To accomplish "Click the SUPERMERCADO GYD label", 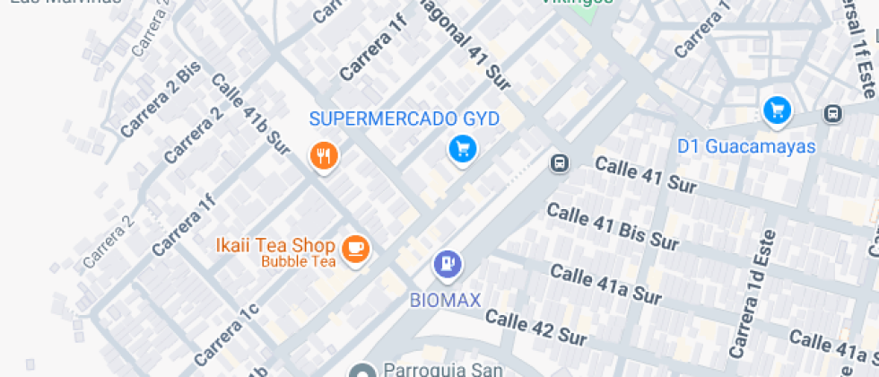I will tap(404, 118).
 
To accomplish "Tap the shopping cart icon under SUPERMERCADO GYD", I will tap(462, 149).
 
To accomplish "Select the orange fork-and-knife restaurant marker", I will tap(324, 156).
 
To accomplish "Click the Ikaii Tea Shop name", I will tap(275, 245).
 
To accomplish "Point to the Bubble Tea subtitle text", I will tap(298, 262).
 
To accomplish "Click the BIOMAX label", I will tap(446, 299).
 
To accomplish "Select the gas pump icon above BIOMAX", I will tap(447, 264).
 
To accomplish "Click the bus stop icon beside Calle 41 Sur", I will tap(560, 163).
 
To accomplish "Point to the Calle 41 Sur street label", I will tap(646, 175).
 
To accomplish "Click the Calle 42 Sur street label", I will tap(535, 327).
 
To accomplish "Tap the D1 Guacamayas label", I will tap(746, 146).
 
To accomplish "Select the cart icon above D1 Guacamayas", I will tap(777, 110).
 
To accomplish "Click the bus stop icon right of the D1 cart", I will tap(833, 113).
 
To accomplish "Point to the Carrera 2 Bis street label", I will tap(161, 101).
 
